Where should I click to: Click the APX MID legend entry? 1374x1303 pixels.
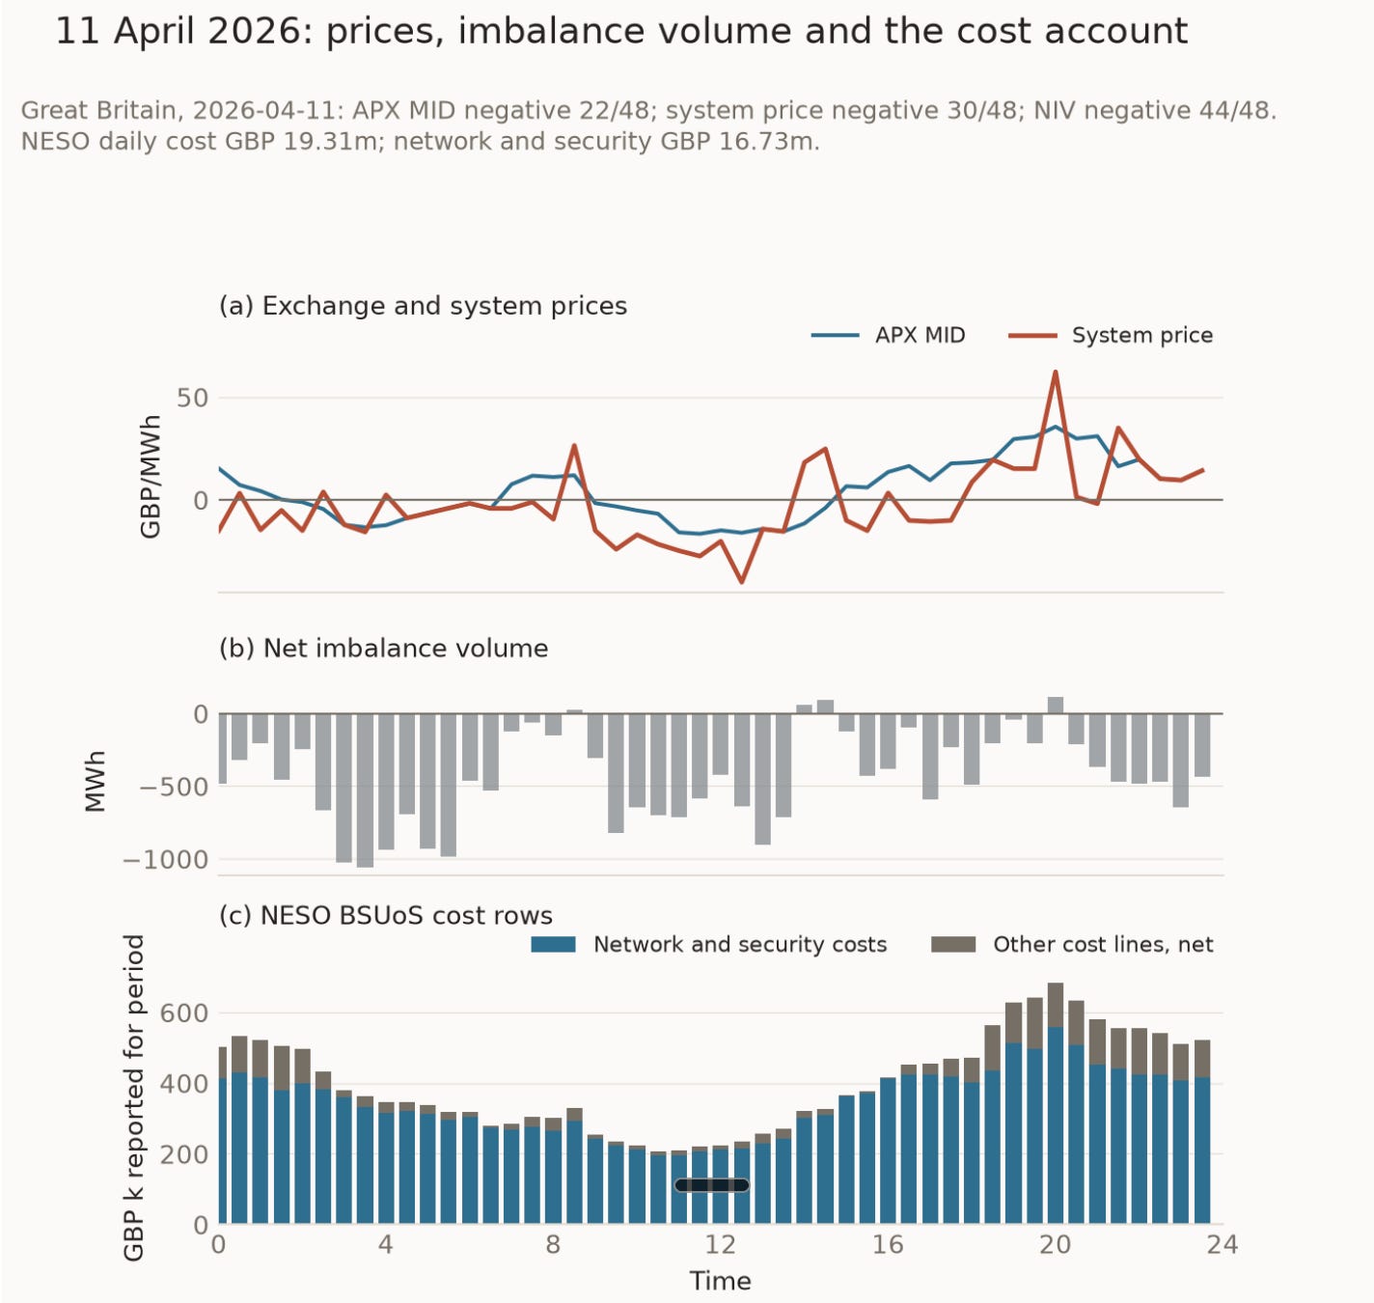point(888,335)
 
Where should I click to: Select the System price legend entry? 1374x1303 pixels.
point(1111,335)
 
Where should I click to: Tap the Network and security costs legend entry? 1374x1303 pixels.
point(708,944)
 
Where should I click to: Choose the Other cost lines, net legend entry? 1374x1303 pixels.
point(1072,944)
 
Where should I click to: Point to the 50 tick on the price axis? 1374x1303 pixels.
point(192,398)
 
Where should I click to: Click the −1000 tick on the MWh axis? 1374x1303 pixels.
point(166,860)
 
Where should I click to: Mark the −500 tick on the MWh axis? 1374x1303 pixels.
point(174,787)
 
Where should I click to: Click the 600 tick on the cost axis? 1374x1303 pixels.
point(183,1012)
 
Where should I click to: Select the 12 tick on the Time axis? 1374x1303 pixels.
point(720,1244)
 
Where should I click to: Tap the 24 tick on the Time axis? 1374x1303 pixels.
point(1223,1244)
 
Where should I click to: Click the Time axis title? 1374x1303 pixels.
point(720,1281)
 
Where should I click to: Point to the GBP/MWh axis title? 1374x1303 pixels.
point(151,476)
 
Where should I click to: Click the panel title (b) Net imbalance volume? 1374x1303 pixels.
point(384,649)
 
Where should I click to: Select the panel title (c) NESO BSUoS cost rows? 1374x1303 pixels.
point(386,916)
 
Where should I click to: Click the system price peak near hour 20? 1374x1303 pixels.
point(1055,373)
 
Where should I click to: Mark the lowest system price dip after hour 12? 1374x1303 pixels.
point(741,581)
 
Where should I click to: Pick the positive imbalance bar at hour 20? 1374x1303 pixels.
point(1056,705)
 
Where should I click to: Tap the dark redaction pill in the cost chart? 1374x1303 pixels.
point(711,1185)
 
